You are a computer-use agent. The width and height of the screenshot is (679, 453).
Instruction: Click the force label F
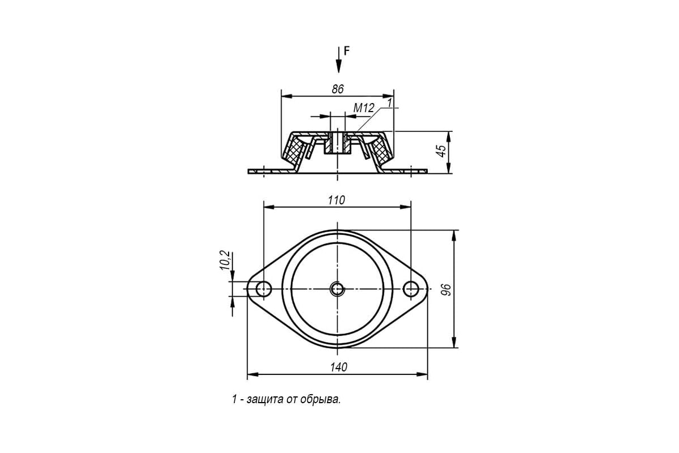pos(346,51)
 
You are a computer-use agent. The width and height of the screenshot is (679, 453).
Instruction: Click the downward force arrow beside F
pos(338,60)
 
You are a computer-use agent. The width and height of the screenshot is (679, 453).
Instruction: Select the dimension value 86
pos(338,89)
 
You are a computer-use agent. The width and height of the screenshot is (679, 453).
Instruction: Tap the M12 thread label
pos(364,108)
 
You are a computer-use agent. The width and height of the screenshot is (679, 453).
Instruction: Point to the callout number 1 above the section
pos(390,102)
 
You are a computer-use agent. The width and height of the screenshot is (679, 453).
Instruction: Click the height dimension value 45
pos(442,151)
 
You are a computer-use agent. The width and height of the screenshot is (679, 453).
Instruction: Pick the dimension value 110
pos(337,200)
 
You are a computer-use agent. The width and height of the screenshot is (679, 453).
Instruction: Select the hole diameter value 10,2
pos(225,260)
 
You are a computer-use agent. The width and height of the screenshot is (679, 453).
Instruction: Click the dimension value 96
pos(447,289)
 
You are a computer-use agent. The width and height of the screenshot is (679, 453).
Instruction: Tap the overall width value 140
pos(338,367)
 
